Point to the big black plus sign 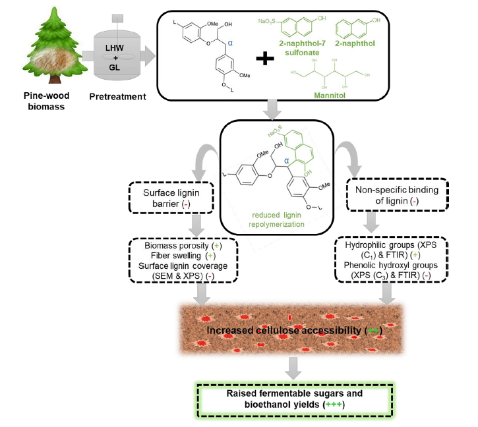264,59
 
